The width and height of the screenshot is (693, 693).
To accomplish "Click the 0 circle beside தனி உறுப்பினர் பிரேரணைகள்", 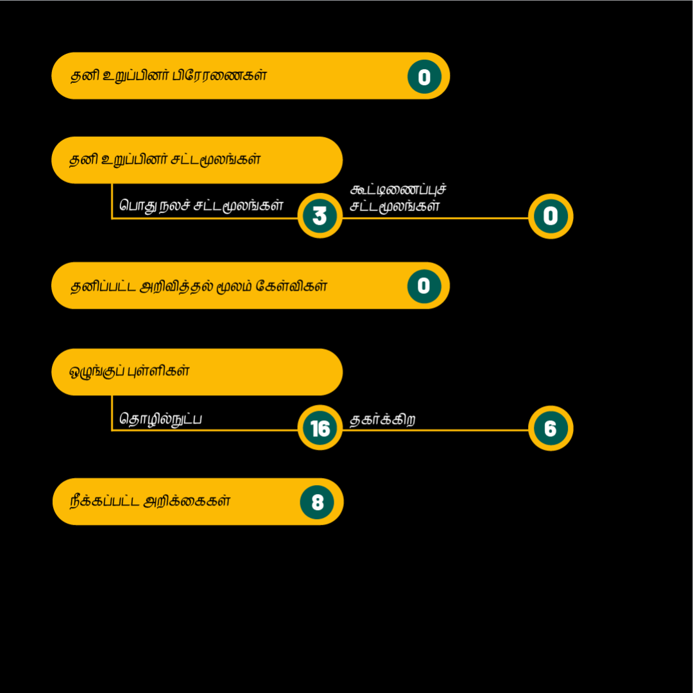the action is click(424, 76).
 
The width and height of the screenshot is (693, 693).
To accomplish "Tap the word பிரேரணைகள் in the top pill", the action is click(219, 75).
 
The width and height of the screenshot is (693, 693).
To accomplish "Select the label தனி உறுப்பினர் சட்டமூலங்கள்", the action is click(165, 160).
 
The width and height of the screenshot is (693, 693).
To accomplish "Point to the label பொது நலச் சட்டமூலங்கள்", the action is click(201, 205).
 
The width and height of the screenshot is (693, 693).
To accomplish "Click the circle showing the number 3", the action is click(320, 216).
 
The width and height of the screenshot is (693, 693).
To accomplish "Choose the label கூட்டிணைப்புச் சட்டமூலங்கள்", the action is click(398, 198).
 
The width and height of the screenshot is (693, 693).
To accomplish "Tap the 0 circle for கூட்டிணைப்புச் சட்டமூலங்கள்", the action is click(551, 216).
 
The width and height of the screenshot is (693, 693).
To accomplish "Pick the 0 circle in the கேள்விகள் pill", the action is click(424, 286).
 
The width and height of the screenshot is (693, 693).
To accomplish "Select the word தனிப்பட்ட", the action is click(103, 286).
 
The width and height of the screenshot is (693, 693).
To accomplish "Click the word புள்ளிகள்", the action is click(158, 371).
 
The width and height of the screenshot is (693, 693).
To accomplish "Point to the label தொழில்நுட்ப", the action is click(160, 419).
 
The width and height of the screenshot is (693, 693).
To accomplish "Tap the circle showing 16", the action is click(320, 427).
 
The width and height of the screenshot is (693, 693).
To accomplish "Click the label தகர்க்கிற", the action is click(382, 420).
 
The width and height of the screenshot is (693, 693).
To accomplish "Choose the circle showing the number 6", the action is click(551, 428).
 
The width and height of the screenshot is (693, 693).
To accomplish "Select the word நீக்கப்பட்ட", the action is click(105, 501).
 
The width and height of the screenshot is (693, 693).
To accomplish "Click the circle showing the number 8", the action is click(317, 502).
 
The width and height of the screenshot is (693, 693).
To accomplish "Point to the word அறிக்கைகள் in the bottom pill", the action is click(187, 501).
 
